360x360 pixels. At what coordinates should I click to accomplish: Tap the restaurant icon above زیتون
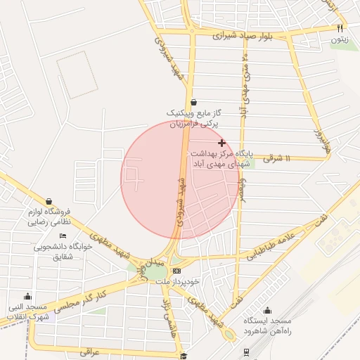[x=340, y=29]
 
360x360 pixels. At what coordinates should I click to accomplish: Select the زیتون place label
[x=340, y=39]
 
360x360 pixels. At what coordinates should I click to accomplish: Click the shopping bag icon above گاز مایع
[x=193, y=102]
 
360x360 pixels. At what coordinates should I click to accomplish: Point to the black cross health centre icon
[x=222, y=143]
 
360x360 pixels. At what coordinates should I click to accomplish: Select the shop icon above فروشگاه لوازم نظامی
[x=49, y=201]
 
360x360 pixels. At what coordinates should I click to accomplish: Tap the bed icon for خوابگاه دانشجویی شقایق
[x=63, y=236]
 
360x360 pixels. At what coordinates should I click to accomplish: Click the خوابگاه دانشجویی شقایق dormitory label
[x=58, y=252]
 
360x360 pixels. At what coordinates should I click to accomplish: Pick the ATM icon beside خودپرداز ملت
[x=176, y=271]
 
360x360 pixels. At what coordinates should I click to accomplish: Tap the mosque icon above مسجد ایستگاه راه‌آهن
[x=266, y=310]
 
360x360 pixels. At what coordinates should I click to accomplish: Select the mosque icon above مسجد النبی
[x=27, y=297]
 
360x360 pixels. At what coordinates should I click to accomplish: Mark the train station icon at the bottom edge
[x=246, y=352]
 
